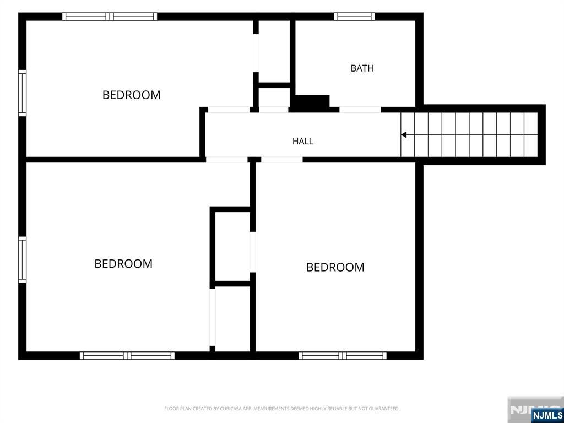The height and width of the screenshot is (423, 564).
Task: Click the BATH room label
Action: [362, 68]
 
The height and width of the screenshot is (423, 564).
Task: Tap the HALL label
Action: [302, 141]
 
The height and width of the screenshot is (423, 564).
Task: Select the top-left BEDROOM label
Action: [131, 95]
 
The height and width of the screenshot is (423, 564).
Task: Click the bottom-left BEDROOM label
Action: [123, 264]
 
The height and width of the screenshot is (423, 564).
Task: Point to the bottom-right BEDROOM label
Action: [335, 267]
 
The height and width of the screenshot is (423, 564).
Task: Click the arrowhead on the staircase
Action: [404, 135]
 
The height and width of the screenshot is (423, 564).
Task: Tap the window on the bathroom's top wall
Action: [354, 17]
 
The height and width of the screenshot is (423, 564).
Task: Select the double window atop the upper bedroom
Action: [110, 17]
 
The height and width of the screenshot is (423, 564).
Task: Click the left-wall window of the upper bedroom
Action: [22, 93]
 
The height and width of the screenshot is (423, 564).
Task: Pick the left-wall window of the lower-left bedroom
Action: [22, 260]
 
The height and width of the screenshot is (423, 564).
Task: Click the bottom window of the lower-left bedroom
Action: [127, 355]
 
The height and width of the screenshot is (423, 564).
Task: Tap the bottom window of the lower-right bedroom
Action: [343, 355]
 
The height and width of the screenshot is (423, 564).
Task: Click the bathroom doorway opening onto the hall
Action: [360, 110]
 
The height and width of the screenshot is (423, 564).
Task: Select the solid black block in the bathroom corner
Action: [312, 101]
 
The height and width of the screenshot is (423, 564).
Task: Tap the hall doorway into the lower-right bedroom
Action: [281, 160]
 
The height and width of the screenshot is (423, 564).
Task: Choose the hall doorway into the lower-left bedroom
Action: [226, 160]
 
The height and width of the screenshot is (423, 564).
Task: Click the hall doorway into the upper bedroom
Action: [229, 110]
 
